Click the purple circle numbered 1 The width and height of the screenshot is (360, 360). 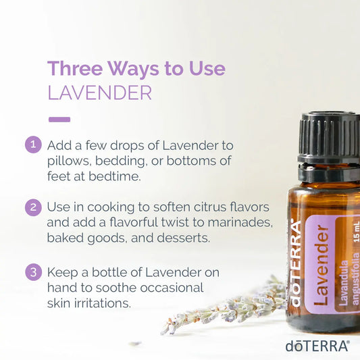(33, 145)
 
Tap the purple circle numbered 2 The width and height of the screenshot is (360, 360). (33, 207)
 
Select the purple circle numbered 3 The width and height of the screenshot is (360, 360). (33, 272)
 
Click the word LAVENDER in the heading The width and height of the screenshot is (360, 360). (100, 93)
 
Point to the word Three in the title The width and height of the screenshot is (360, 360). (75, 68)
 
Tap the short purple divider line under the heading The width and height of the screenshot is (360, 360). (59, 120)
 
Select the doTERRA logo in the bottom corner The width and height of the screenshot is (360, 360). (317, 346)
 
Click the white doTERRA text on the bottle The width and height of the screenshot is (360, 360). (295, 263)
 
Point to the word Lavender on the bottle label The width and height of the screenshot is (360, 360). (321, 265)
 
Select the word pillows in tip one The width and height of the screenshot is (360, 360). (68, 161)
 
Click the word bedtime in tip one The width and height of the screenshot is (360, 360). (115, 176)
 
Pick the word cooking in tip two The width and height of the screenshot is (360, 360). (111, 208)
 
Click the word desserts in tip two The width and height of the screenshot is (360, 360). (184, 238)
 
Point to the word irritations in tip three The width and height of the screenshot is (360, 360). (103, 303)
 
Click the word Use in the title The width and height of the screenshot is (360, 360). (207, 68)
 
